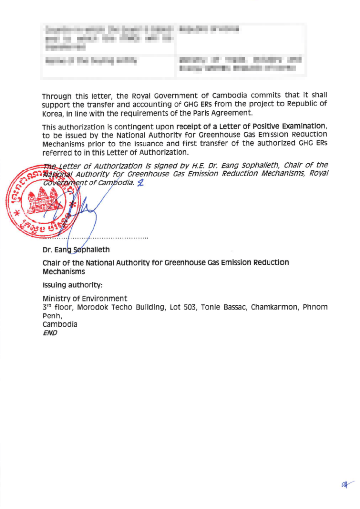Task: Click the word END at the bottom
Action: (x=50, y=333)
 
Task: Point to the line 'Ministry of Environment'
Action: (x=85, y=298)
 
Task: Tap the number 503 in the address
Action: (x=190, y=307)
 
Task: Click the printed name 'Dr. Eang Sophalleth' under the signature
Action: (x=76, y=249)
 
